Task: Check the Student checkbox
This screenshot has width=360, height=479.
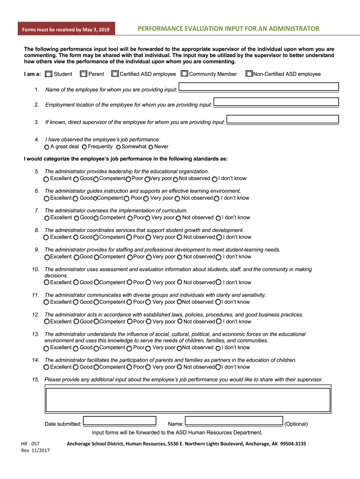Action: tap(49, 74)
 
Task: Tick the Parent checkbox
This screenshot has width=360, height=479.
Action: tap(83, 74)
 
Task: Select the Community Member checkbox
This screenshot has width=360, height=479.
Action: tap(184, 74)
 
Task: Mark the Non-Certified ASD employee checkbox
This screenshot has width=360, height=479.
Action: tap(249, 74)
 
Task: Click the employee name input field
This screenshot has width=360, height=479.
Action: tap(259, 87)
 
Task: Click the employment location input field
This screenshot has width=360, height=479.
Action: tap(276, 102)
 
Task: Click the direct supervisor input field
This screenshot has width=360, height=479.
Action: tap(282, 119)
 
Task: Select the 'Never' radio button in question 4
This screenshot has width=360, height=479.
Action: tap(151, 147)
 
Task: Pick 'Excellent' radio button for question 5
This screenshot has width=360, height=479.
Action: tap(46, 179)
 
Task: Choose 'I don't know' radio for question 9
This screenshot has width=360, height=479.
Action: tap(218, 257)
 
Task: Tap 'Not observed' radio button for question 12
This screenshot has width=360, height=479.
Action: tap(179, 322)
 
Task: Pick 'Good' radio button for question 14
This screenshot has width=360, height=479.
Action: tap(76, 367)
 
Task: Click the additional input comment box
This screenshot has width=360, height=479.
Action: tap(187, 398)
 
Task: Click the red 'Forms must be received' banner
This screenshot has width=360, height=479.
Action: tap(66, 30)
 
